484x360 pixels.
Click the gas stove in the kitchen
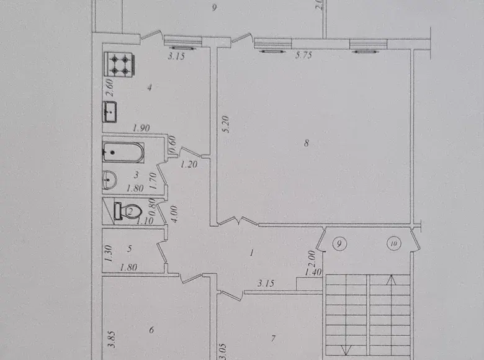(x=120, y=64)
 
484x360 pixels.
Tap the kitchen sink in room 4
(x=110, y=112)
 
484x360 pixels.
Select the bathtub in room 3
(x=123, y=152)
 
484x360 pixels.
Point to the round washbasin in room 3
(x=109, y=180)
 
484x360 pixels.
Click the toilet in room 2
(x=128, y=211)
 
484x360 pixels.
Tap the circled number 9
(x=339, y=244)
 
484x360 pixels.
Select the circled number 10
(x=394, y=244)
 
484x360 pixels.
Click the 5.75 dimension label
(x=303, y=55)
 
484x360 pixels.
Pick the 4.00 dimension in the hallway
(x=174, y=214)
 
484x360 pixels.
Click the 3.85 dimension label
(x=113, y=340)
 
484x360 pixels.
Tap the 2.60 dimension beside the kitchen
(x=111, y=88)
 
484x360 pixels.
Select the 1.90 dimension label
(x=141, y=128)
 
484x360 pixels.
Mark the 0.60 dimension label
(x=173, y=143)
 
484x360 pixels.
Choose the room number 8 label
(x=306, y=143)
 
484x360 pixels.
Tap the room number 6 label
(x=151, y=330)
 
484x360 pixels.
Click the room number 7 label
(x=273, y=339)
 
